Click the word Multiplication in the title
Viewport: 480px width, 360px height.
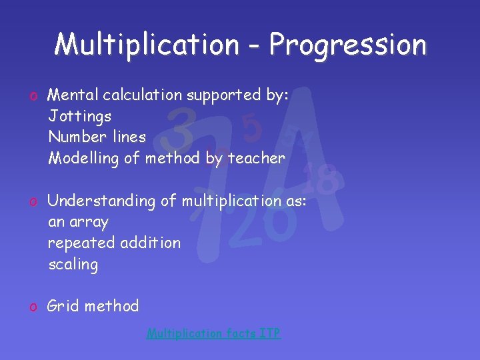pyautogui.click(x=147, y=45)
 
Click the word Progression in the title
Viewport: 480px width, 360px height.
pyautogui.click(x=347, y=45)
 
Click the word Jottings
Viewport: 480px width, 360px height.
pyautogui.click(x=79, y=117)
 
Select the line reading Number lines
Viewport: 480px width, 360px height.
pyautogui.click(x=97, y=137)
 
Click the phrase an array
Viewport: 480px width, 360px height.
pyautogui.click(x=78, y=222)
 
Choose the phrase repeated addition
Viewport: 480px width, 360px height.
pyautogui.click(x=114, y=243)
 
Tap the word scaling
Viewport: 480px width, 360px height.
pyautogui.click(x=73, y=265)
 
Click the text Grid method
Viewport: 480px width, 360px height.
pyautogui.click(x=93, y=307)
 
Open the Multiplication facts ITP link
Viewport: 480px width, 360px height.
pyautogui.click(x=213, y=333)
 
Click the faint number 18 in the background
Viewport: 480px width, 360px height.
pyautogui.click(x=322, y=178)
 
